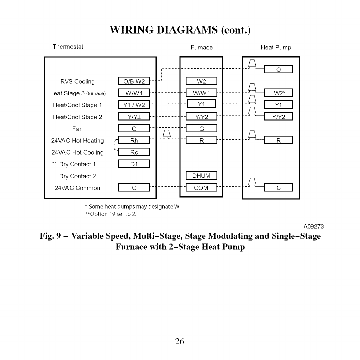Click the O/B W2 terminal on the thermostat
point(134,81)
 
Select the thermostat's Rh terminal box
point(134,141)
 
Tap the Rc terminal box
point(134,152)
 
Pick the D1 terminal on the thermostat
point(134,164)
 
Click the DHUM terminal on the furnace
point(201,176)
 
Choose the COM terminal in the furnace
point(201,188)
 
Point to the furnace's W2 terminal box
point(201,81)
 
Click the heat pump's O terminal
point(278,69)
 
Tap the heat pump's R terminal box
point(278,141)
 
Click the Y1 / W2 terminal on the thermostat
point(134,105)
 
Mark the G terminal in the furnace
point(201,129)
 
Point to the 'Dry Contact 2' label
point(77,176)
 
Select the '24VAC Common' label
point(77,188)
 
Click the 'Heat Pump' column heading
point(276,48)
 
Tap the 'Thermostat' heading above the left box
point(68,47)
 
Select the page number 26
point(180,342)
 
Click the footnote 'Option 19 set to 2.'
point(112,214)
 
